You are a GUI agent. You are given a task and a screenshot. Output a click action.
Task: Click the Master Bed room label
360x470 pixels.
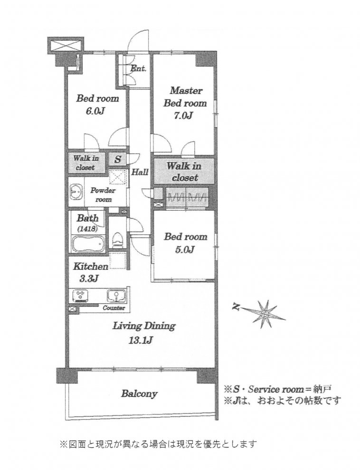click(x=185, y=96)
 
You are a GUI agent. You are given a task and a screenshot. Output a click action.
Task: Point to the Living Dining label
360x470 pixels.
click(x=144, y=326)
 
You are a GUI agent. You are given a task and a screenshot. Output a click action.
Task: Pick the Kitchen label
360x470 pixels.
click(x=91, y=266)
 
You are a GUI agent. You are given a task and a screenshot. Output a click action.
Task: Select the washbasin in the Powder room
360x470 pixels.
click(x=76, y=192)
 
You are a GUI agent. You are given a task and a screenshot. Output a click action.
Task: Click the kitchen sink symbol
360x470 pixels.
click(x=116, y=296)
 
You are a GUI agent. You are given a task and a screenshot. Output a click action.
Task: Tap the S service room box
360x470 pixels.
click(x=118, y=159)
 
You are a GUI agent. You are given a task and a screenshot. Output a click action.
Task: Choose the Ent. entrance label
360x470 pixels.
click(x=138, y=68)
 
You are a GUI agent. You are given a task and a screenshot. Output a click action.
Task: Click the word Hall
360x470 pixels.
click(x=140, y=172)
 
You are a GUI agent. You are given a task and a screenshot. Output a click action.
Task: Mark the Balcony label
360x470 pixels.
click(x=140, y=394)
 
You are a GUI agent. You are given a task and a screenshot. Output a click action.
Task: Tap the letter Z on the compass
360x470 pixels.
click(x=237, y=307)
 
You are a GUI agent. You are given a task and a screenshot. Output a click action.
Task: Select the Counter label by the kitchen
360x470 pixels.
click(x=114, y=308)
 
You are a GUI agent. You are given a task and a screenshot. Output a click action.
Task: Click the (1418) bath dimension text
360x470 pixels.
click(x=87, y=229)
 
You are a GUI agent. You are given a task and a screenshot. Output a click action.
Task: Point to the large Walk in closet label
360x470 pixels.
click(x=184, y=172)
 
